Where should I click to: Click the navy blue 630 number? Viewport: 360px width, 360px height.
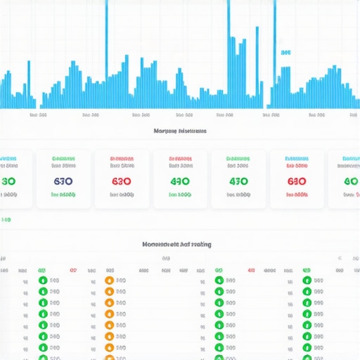pos(63,181)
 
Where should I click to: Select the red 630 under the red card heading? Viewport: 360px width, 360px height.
pos(122,181)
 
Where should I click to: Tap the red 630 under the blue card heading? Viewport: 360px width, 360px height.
pos(296,181)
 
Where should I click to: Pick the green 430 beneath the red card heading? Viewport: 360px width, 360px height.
pos(179,181)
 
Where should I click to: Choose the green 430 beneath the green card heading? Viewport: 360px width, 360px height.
pos(238,181)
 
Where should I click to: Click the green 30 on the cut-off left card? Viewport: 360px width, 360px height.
pos(8,181)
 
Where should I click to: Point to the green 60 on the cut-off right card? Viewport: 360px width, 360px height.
pos(351,181)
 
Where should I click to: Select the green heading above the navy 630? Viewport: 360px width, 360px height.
pos(63,159)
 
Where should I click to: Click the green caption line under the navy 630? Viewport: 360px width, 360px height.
pos(63,194)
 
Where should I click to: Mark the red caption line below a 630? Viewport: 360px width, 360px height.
pos(297,194)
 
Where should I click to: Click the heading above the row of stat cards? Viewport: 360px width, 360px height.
pos(180,131)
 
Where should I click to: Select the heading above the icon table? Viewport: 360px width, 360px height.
pos(177,244)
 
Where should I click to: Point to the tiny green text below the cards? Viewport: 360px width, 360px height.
pos(6,220)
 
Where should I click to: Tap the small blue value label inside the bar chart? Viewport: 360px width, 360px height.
pos(285,52)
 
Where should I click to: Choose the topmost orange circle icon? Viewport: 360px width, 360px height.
pos(109,281)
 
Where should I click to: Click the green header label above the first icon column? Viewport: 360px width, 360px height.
pos(41,269)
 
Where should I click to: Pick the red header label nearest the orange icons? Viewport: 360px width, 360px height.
pos(73,269)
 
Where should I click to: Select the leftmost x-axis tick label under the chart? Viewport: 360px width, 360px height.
pos(38,115)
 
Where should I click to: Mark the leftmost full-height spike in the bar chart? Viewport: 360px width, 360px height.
pos(106,42)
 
